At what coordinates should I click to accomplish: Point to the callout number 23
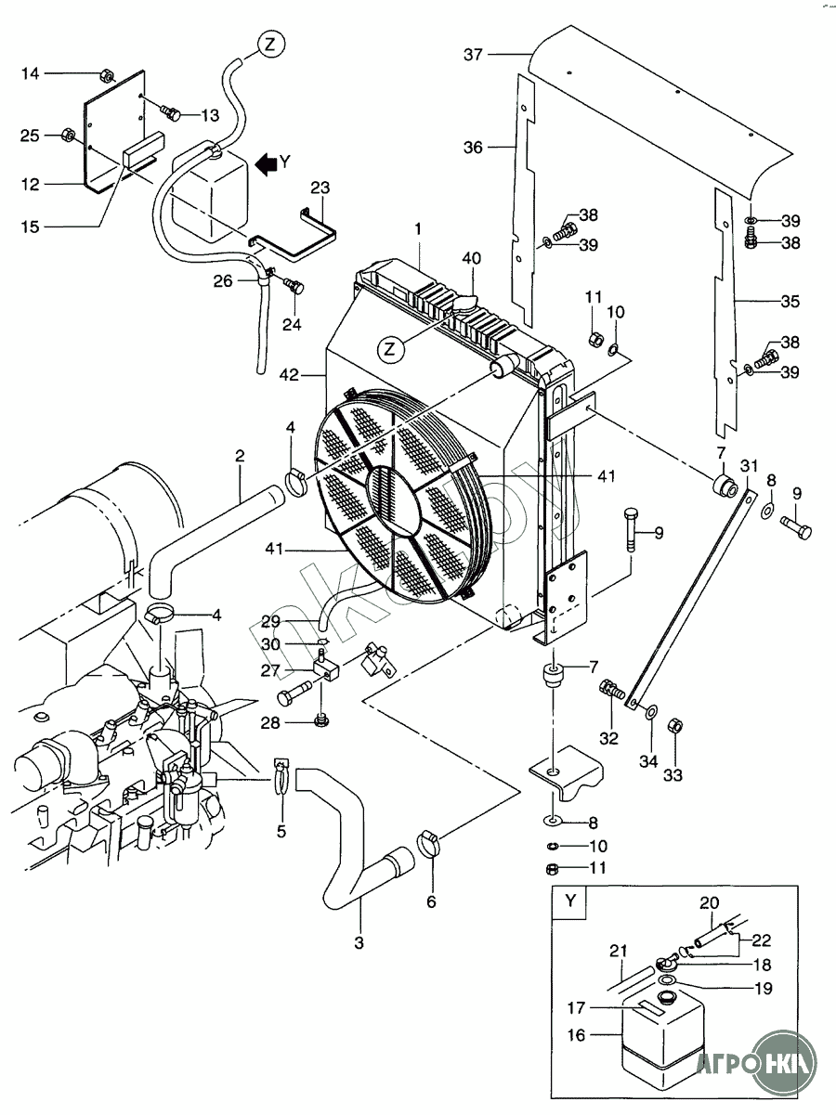[320, 188]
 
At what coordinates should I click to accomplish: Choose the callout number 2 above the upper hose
[240, 456]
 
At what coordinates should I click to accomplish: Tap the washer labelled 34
[651, 712]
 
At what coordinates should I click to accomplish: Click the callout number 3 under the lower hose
[359, 942]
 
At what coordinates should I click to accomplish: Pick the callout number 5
[281, 831]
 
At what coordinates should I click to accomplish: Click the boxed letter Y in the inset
[568, 901]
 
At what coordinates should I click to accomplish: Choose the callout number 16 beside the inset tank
[576, 1035]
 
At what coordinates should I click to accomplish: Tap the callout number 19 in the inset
[764, 990]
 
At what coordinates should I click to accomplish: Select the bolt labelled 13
[171, 113]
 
